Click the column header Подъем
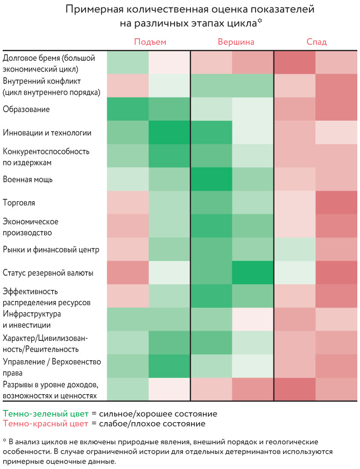pyautogui.click(x=150, y=42)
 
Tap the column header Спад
pyautogui.click(x=316, y=42)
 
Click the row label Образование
pyautogui.click(x=26, y=109)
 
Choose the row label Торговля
pyautogui.click(x=20, y=203)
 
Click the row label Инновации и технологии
pyautogui.click(x=47, y=132)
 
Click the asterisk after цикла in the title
pyautogui.click(x=259, y=21)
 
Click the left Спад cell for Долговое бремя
pyautogui.click(x=295, y=62)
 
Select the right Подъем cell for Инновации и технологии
pyautogui.click(x=170, y=132)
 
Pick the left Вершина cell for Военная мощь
pyautogui.click(x=211, y=179)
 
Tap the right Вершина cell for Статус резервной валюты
pyautogui.click(x=253, y=273)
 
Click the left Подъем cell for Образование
pyautogui.click(x=128, y=109)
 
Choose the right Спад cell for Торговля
pyautogui.click(x=336, y=203)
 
